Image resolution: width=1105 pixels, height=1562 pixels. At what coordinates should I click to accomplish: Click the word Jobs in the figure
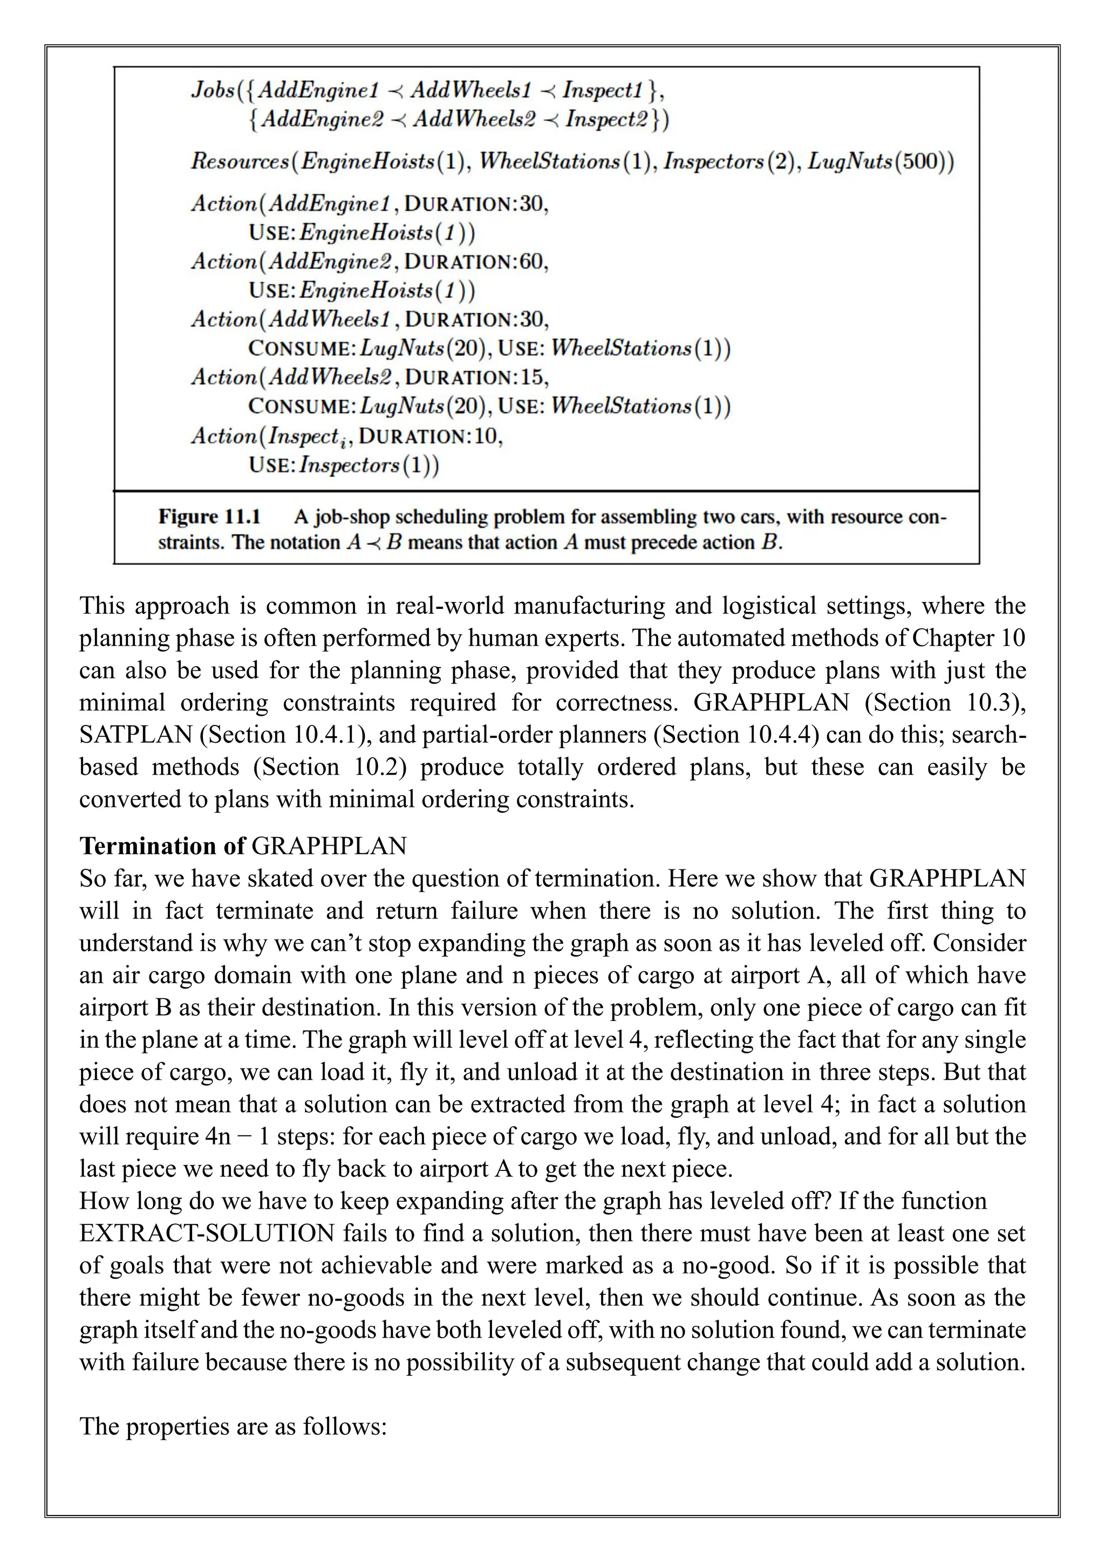tap(212, 91)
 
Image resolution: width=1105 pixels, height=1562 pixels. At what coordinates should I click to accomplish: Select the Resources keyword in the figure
tap(240, 162)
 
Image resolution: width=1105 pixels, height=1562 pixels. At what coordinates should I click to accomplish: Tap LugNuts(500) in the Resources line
tap(881, 162)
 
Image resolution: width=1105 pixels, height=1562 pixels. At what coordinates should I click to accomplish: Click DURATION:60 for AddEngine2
tap(476, 262)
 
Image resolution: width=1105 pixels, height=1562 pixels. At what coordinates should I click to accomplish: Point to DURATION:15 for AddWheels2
tap(476, 378)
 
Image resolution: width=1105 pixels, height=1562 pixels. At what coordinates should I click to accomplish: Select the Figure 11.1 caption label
tap(209, 517)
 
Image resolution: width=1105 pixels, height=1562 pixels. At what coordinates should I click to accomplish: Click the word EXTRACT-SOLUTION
tap(206, 1234)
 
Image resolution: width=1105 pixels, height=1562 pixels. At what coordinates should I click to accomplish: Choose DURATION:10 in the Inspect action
tap(430, 436)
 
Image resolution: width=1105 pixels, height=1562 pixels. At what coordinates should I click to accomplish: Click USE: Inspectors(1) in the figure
tap(344, 466)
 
